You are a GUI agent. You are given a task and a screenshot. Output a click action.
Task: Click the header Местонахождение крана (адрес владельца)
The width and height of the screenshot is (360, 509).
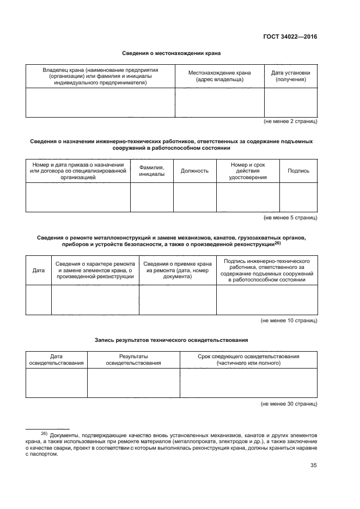[219, 76]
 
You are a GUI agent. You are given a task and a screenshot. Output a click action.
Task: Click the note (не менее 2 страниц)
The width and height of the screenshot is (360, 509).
[290, 121]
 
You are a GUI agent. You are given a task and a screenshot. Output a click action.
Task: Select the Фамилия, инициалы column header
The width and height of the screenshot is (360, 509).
[151, 170]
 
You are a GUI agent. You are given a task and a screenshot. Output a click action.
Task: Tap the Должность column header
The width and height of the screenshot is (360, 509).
[194, 170]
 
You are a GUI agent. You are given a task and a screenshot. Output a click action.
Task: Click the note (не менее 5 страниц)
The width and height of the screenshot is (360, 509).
[290, 218]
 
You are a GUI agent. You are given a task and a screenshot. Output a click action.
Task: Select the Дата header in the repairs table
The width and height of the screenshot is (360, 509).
[39, 270]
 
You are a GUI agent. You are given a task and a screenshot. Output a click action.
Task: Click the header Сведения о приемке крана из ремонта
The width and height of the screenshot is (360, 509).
[177, 270]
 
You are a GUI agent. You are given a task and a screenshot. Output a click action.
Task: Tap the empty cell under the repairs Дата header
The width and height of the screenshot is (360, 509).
[39, 300]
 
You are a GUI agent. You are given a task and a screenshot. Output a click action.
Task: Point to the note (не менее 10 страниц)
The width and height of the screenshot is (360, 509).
[289, 321]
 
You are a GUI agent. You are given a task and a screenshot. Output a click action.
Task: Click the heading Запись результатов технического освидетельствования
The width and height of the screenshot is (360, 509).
[172, 340]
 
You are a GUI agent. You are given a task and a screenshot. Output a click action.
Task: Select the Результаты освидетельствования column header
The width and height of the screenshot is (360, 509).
[133, 359]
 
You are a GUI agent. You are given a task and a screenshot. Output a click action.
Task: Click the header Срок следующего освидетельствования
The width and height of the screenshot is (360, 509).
[248, 359]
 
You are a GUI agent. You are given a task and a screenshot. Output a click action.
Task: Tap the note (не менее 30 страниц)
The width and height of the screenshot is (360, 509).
[289, 404]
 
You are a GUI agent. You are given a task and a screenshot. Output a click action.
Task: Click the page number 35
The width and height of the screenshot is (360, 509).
[313, 465]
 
